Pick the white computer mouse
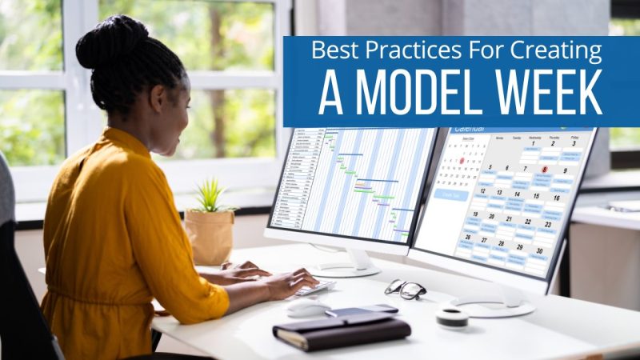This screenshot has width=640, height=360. coord(309,308)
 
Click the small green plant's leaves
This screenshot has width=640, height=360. coord(209,195)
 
